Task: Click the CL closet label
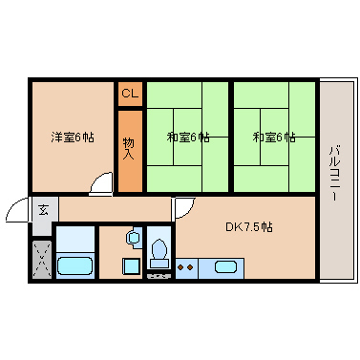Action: (x=130, y=94)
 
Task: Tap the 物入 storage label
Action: (x=128, y=148)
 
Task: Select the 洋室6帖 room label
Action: (x=73, y=138)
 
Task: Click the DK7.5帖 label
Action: (x=249, y=227)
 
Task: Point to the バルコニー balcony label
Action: (x=334, y=173)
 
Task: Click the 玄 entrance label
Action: (x=43, y=210)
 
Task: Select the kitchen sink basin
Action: (x=225, y=266)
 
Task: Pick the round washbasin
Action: (x=133, y=237)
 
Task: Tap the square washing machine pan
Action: (x=131, y=266)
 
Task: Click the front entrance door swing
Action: (x=17, y=209)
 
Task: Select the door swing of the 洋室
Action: (x=101, y=182)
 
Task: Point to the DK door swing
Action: (x=183, y=208)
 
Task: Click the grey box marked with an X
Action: (x=42, y=260)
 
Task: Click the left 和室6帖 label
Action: (x=188, y=138)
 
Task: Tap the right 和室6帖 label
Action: (x=274, y=138)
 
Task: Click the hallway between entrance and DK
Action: (x=115, y=209)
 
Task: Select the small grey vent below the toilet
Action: (x=159, y=276)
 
